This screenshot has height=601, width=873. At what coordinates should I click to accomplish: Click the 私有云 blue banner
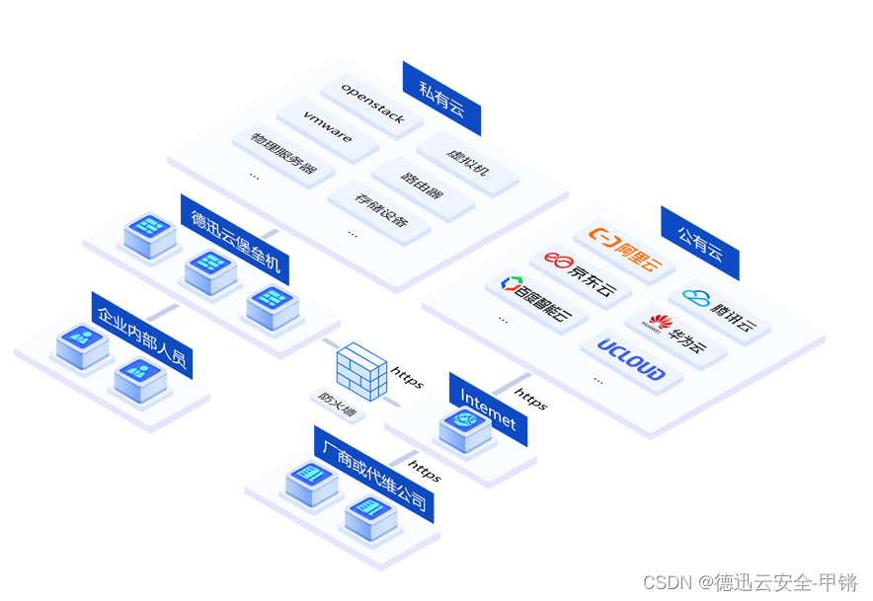[440, 99]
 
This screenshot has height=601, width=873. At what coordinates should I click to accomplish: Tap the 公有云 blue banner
[699, 243]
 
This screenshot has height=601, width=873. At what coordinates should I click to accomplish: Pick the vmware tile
[328, 128]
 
